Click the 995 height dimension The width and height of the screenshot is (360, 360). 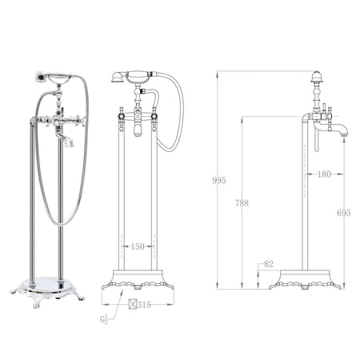[x=218, y=181]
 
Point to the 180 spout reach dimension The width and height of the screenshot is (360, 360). [x=323, y=173]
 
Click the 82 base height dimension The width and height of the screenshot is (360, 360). [x=268, y=263]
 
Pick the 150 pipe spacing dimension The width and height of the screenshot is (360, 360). [x=138, y=247]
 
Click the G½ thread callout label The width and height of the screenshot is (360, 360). [x=105, y=320]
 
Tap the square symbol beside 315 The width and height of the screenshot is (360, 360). [x=133, y=304]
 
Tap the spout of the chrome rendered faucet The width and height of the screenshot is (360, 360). [x=66, y=142]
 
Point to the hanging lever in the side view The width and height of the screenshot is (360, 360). [x=314, y=142]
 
